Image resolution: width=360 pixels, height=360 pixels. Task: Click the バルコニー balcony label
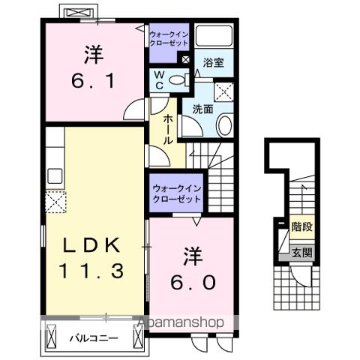point(94,338)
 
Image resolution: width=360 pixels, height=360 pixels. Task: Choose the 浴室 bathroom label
point(214,64)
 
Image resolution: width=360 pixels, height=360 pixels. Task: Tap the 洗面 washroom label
point(202,109)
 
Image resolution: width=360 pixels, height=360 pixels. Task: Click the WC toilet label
point(160,79)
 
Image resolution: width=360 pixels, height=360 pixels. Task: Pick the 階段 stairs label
point(301,225)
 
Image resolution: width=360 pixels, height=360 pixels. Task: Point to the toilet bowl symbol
point(177,80)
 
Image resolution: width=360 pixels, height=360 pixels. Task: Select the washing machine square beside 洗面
point(223,91)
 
